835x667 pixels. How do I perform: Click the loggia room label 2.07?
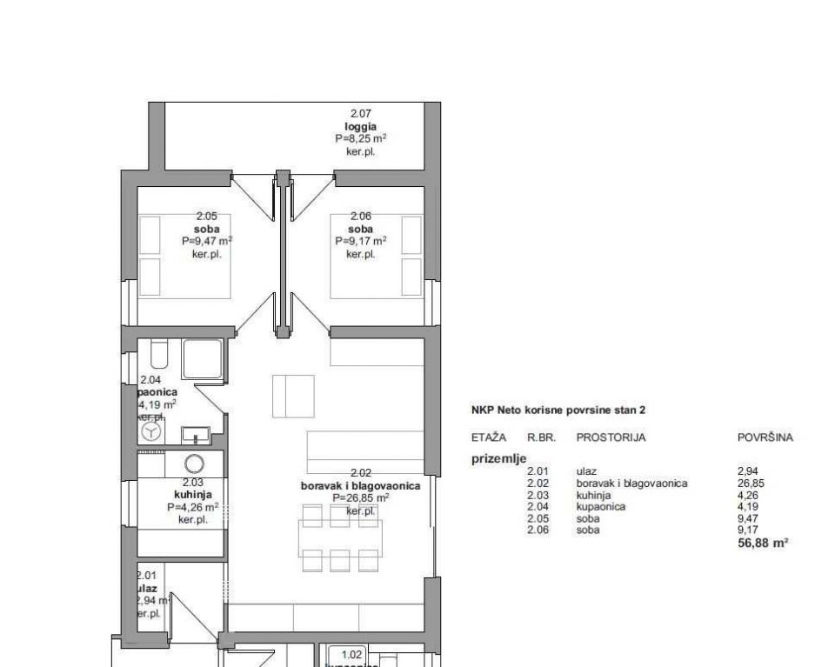[x=360, y=114]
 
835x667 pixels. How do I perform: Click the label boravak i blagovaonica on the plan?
[x=360, y=485]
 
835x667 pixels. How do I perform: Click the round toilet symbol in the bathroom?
[x=151, y=433]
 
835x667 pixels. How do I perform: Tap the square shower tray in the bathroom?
[x=202, y=358]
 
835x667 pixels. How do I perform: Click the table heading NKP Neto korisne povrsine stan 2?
[x=558, y=409]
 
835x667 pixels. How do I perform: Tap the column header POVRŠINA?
[x=765, y=438]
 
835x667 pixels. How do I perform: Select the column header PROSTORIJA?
[x=611, y=438]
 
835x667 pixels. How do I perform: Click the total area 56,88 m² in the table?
[x=762, y=542]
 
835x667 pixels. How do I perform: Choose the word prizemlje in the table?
[x=498, y=460]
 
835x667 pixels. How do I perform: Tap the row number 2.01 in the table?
[x=538, y=472]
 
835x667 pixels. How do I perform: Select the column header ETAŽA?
[x=488, y=438]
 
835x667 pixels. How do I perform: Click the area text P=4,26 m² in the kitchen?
[x=192, y=507]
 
